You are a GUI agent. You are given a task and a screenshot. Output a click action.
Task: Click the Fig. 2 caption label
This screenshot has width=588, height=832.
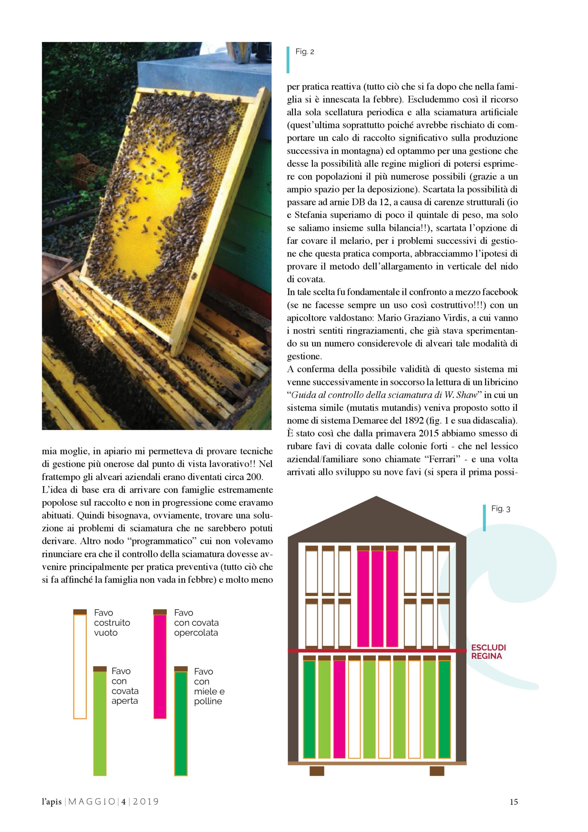pos(305,52)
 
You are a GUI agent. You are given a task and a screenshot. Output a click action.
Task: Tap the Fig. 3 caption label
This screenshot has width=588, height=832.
pos(500,509)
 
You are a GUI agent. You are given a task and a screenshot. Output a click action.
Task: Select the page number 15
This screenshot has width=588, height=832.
pos(513,802)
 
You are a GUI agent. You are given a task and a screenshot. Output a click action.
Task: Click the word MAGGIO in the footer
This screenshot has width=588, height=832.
pos(92,802)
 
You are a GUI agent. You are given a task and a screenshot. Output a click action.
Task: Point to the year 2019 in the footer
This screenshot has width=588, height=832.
pos(146,802)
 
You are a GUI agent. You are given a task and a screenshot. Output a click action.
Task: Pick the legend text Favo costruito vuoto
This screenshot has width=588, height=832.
pos(111,623)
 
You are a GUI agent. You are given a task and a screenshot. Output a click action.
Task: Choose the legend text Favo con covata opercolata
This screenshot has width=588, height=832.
pos(196,623)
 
